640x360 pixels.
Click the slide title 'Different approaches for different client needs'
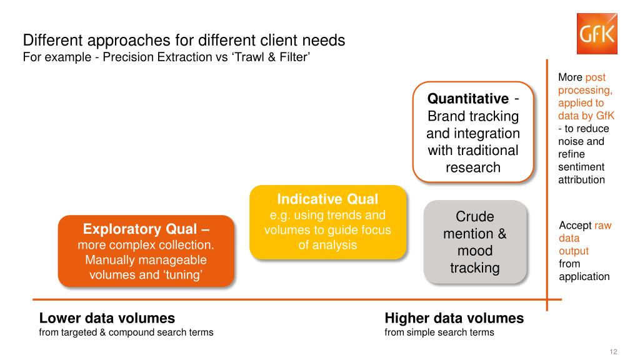coord(184,41)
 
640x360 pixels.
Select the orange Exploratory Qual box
coord(146,251)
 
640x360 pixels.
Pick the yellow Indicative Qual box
coord(327,222)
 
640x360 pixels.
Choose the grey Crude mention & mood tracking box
coord(475,242)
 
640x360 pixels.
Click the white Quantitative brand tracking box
coord(473,132)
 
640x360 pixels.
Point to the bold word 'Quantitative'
coord(467,99)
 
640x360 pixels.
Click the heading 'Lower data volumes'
coord(107,318)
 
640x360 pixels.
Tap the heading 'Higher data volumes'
coord(454,318)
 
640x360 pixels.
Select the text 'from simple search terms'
coord(439,332)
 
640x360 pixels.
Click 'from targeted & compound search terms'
coord(126,332)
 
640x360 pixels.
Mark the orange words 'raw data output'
coord(579,238)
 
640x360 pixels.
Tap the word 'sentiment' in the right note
coord(581,167)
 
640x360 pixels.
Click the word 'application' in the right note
coord(584,276)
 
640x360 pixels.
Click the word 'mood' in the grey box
coord(475,251)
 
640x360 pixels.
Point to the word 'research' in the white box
coord(473,167)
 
